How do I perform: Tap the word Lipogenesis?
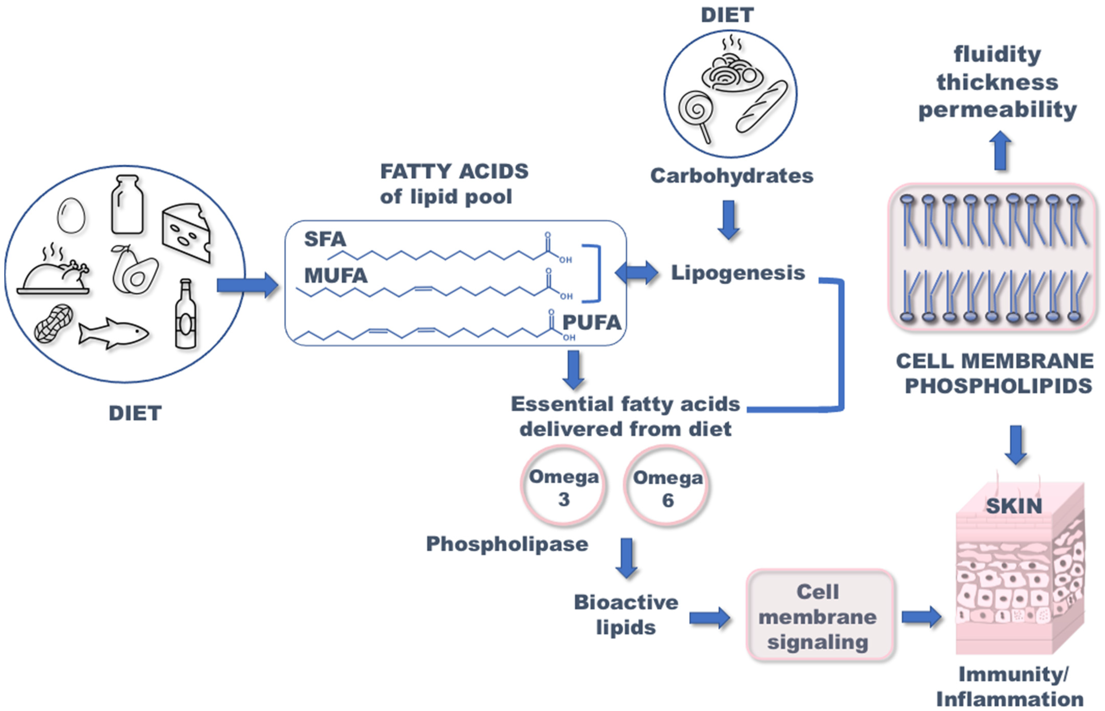(738, 272)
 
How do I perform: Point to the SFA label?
(325, 239)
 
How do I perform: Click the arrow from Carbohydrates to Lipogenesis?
(729, 220)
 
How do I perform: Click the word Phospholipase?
(507, 544)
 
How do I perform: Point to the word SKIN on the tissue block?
(1014, 506)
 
